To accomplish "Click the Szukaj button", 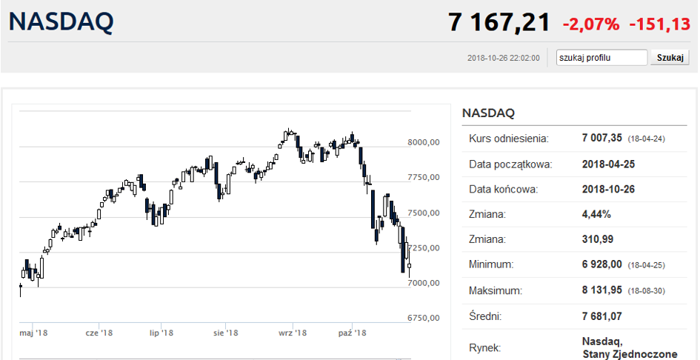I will click(670, 58).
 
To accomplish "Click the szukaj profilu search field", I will click(602, 58).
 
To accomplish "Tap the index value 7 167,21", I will click(499, 22).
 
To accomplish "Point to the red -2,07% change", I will click(590, 24).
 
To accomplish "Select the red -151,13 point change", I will click(659, 24).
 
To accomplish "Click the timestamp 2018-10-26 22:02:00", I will click(508, 58).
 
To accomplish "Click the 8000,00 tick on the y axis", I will click(424, 143).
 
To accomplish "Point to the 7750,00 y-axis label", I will click(424, 178).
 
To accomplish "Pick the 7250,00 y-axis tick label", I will click(424, 248).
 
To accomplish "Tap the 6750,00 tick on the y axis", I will click(424, 319).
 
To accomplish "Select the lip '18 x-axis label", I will click(161, 333).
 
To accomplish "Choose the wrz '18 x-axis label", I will click(292, 333).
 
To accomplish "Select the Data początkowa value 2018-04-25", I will click(608, 164).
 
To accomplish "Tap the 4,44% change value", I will click(596, 214).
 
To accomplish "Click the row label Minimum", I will click(491, 264).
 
